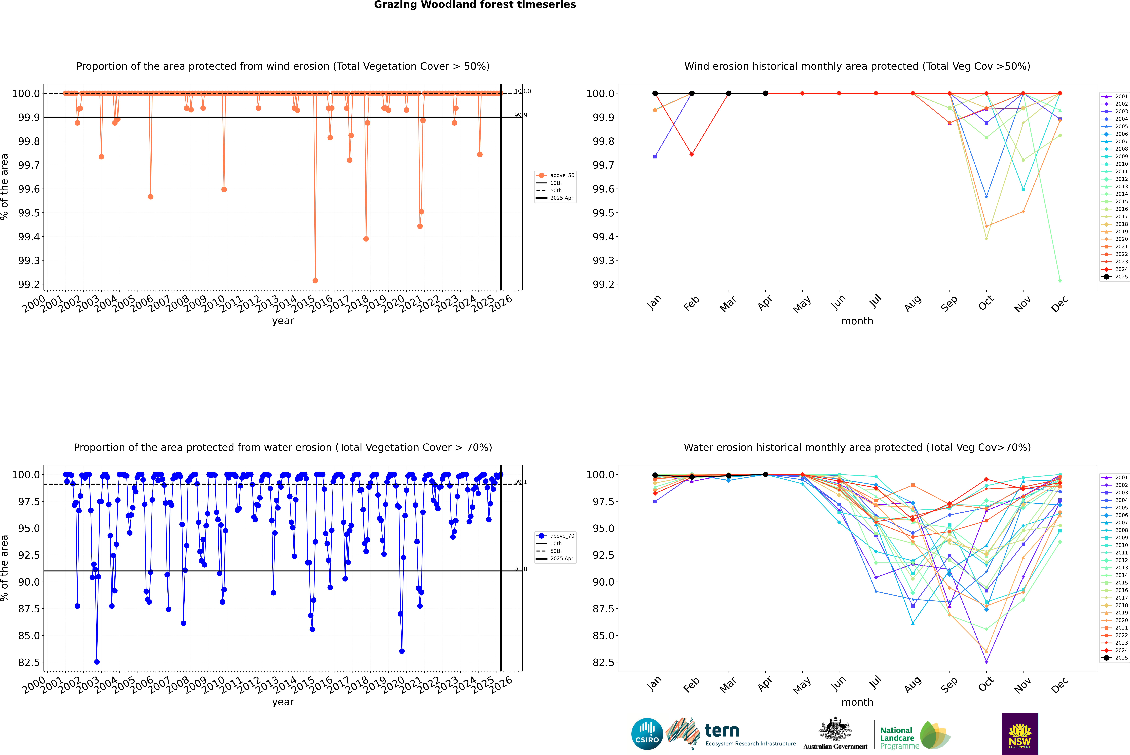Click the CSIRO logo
click(647, 734)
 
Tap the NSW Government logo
click(1020, 734)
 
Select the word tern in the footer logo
click(722, 731)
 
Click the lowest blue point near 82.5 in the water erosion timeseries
click(97, 662)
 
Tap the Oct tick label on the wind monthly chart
click(985, 303)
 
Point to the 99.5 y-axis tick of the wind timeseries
click(29, 213)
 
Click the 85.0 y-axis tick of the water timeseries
click(29, 636)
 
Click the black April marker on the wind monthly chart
click(765, 93)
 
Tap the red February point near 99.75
click(692, 155)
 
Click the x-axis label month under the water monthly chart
click(857, 702)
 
